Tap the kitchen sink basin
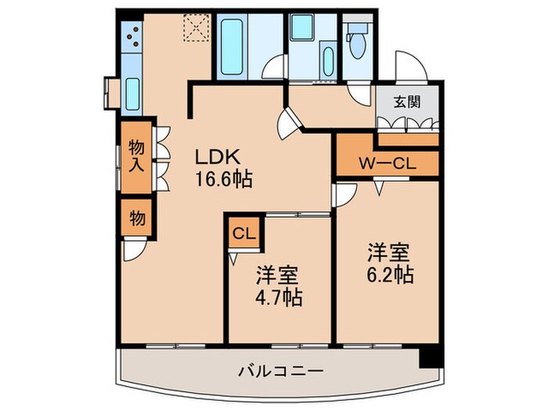pos(132,94)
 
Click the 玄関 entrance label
pos(405,101)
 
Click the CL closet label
pos(243,233)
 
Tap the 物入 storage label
pos(137,156)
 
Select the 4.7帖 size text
pos(278,298)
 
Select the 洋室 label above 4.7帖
pos(278,275)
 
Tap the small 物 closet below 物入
pos(137,218)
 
